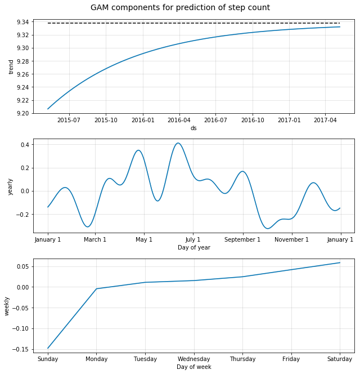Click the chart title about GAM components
coord(180,8)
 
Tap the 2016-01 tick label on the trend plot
coord(143,120)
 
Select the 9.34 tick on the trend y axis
coord(24,22)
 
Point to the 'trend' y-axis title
coord(11,66)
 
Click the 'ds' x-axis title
coord(193,128)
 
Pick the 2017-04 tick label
coord(325,120)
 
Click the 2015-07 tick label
coord(68,120)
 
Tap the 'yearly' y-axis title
coord(11,186)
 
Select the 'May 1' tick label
coord(144,239)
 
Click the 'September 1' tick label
coord(243,239)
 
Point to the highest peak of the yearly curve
coord(178,143)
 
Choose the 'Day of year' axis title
coord(193,247)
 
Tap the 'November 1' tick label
coord(291,239)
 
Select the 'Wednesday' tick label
coord(193,359)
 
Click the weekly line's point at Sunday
coord(48,348)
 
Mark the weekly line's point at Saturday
coord(340,262)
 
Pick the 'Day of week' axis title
coord(193,367)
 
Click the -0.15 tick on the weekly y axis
coord(22,349)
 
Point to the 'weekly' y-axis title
coord(7,306)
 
